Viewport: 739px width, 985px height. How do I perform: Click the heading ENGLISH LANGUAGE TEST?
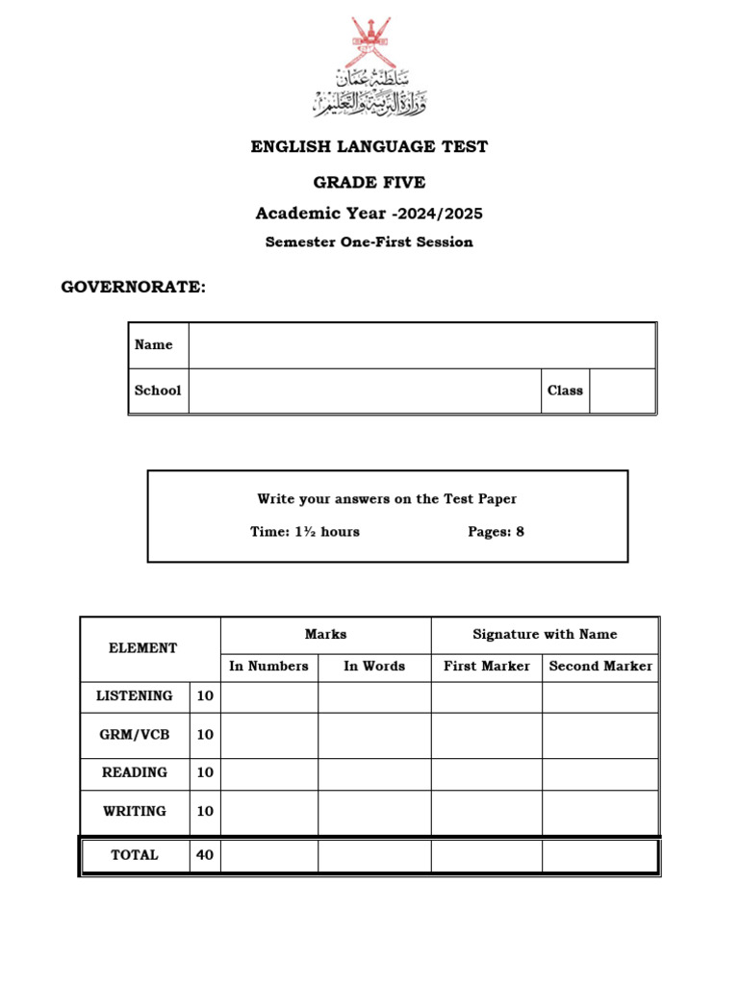click(x=369, y=147)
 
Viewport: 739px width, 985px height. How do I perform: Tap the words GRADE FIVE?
click(x=369, y=183)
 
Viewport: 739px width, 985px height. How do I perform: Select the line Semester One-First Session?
click(x=369, y=242)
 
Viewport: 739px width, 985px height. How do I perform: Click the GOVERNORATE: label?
click(x=134, y=287)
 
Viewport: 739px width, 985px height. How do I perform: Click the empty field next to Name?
click(x=421, y=345)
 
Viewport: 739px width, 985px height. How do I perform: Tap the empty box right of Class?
click(x=622, y=391)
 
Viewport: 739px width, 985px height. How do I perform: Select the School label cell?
click(x=158, y=391)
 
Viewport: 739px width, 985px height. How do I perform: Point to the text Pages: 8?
click(x=496, y=531)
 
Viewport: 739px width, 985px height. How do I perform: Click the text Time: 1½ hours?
click(x=305, y=531)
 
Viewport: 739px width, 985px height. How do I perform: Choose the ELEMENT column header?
click(x=143, y=648)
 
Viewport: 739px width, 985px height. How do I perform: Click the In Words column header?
click(x=374, y=666)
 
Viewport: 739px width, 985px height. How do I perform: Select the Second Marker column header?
click(x=600, y=666)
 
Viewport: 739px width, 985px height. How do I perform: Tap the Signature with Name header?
click(x=545, y=634)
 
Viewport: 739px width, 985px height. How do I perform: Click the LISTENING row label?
click(x=135, y=695)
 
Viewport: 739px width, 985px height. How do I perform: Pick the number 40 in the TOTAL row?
click(x=205, y=854)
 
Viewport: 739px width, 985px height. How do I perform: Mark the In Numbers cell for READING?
click(x=268, y=772)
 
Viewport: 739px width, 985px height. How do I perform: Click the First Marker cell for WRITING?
click(x=486, y=811)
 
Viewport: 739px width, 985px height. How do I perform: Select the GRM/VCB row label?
click(x=135, y=734)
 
